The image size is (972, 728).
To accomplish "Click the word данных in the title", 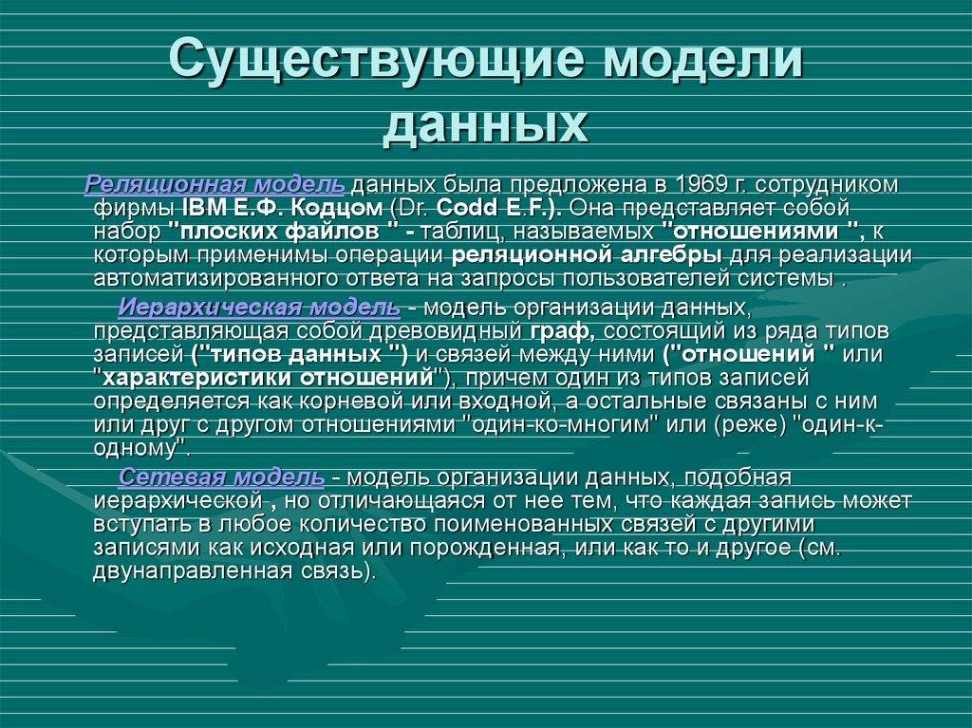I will [x=485, y=126].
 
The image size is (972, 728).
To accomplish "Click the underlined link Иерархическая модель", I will [x=259, y=308].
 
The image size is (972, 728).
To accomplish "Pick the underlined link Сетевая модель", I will [x=222, y=476].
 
